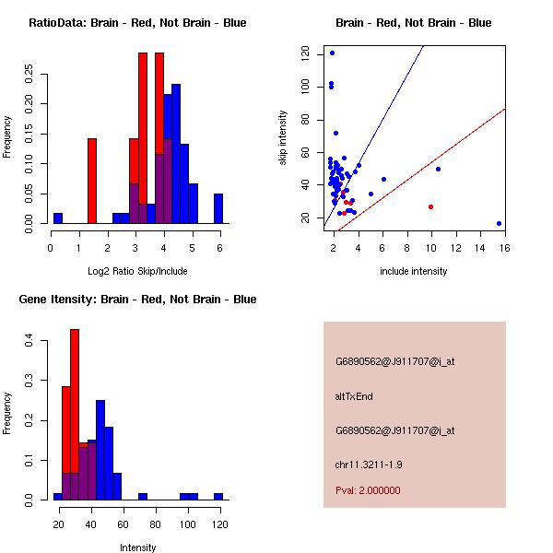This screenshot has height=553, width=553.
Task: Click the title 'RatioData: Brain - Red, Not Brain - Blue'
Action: tap(137, 22)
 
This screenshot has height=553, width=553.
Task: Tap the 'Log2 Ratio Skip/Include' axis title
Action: tap(136, 271)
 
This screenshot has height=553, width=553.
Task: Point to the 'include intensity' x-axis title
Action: tap(413, 271)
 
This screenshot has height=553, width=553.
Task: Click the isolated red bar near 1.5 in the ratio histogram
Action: tap(92, 181)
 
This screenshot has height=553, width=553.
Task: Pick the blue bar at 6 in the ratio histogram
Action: tap(218, 208)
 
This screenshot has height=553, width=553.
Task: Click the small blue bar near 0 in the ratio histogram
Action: tap(58, 218)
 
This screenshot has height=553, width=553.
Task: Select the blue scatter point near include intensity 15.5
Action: tap(499, 223)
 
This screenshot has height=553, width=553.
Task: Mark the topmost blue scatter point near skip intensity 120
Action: tap(332, 53)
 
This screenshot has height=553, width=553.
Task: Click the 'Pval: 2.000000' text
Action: tap(368, 490)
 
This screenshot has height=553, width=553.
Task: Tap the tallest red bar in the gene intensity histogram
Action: tap(75, 414)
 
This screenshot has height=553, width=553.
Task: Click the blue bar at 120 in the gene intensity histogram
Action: tap(218, 496)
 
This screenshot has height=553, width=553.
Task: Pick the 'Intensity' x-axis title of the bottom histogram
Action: tap(137, 547)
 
